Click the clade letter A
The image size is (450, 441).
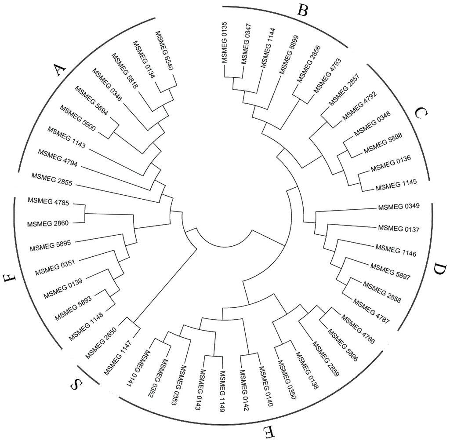(x=58, y=70)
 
